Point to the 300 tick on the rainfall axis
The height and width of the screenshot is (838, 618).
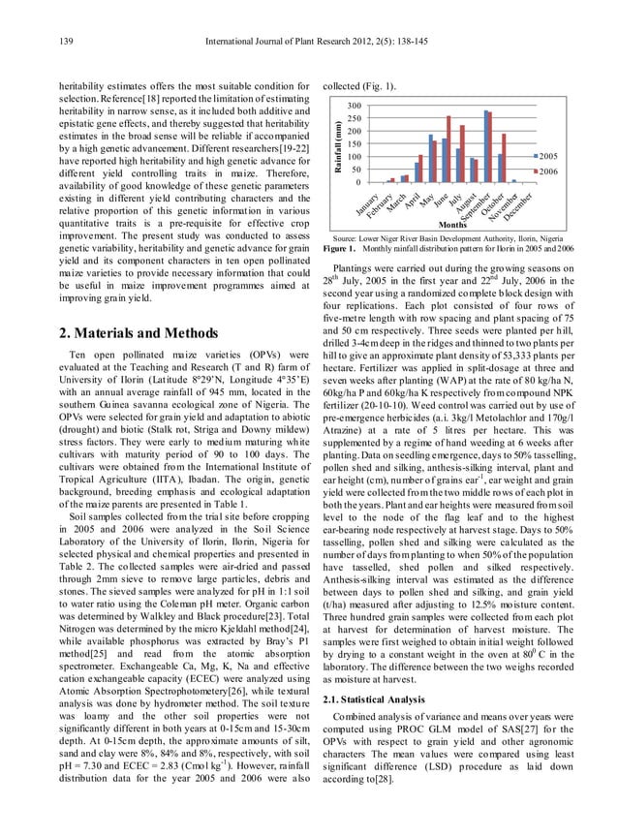[355, 106]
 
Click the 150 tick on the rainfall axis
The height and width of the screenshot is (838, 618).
[355, 144]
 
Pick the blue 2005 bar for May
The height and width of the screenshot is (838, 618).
[430, 159]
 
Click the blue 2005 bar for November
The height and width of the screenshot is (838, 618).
[513, 181]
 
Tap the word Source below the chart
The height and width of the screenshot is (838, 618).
[348, 237]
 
